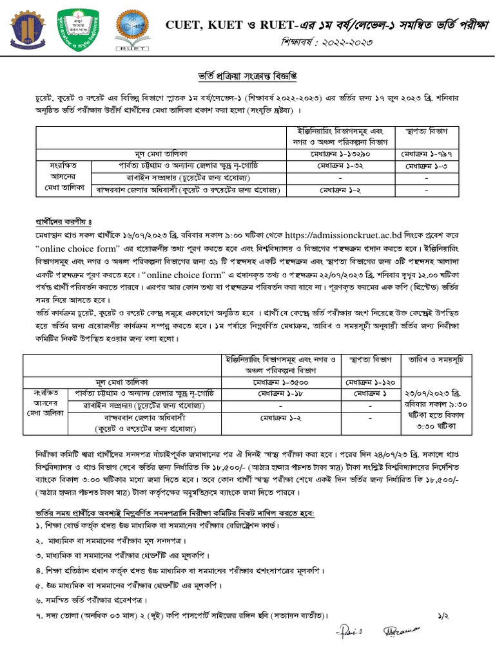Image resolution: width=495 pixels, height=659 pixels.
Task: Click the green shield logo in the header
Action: [x=75, y=30]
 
